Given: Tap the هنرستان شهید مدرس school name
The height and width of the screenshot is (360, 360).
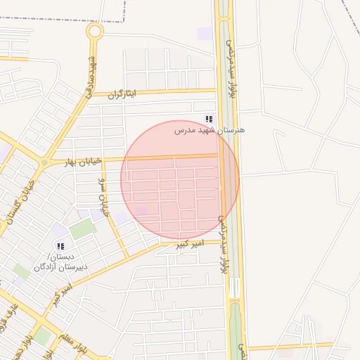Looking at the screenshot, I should (210, 130).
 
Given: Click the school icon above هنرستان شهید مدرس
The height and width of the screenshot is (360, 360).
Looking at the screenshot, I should (208, 120).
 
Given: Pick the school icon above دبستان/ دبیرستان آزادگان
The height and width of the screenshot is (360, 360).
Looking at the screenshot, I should (60, 247).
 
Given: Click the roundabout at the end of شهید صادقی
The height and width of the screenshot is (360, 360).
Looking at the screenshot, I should (94, 31).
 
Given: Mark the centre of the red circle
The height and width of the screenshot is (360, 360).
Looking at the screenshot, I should (180, 180).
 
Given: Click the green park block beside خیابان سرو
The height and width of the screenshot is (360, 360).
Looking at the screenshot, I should (82, 229).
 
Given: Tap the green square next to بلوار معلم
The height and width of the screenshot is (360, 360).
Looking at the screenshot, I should (43, 336).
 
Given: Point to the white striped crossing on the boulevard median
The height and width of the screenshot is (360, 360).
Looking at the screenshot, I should (234, 288).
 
